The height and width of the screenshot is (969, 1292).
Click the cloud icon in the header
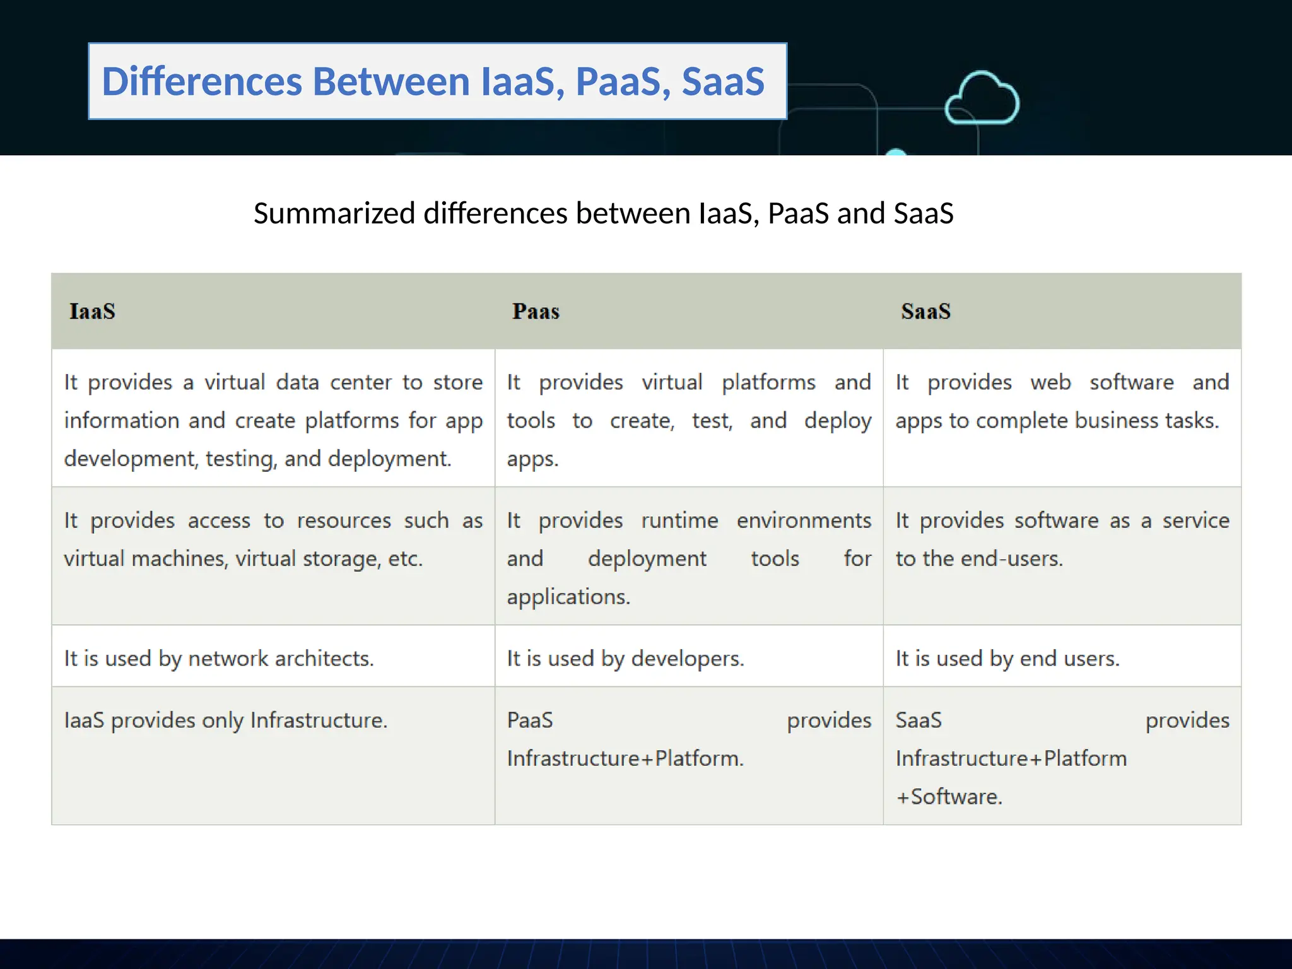(982, 98)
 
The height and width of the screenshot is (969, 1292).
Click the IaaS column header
(92, 312)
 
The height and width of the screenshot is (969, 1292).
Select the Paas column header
(536, 312)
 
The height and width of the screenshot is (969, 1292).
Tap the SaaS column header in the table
(925, 312)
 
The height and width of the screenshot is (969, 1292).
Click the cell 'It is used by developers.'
(625, 659)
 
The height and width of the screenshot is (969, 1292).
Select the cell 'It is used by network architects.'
(219, 659)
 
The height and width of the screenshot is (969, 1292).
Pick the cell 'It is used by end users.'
(1007, 659)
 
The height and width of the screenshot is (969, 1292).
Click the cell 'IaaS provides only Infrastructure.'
(226, 720)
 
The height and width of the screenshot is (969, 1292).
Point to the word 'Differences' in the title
(202, 82)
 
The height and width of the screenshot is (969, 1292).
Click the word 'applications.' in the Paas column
(568, 597)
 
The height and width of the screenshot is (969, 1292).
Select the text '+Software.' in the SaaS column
(949, 797)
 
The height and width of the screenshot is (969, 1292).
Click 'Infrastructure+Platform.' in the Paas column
(625, 758)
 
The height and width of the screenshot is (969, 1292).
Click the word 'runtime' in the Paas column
(679, 521)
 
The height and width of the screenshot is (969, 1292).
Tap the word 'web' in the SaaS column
(1050, 383)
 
